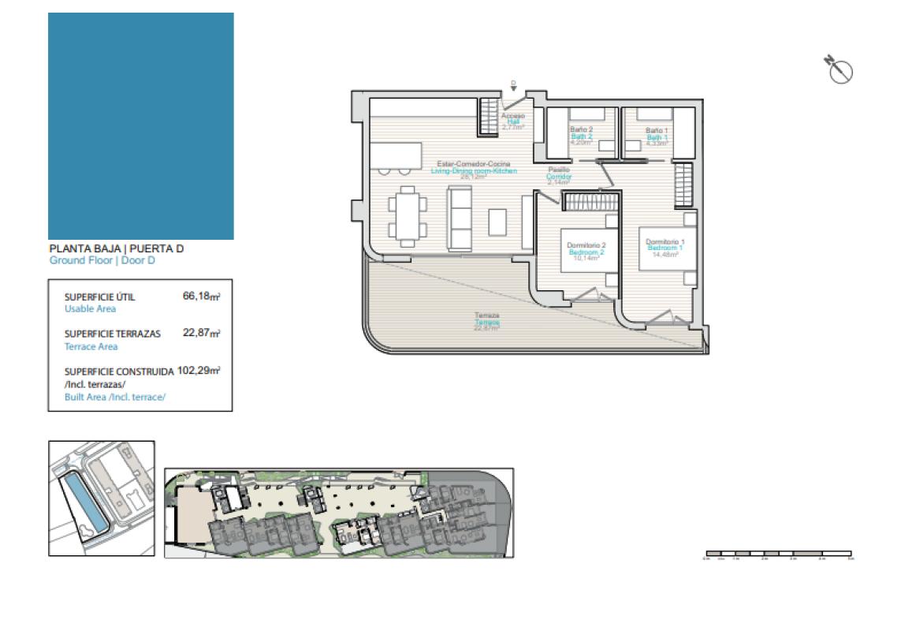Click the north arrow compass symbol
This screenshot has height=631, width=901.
tap(840, 69)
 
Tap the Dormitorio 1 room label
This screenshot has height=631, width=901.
tap(665, 241)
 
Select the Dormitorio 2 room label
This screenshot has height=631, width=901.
tap(586, 245)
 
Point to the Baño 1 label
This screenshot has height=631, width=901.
tap(657, 130)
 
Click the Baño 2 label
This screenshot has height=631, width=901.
tap(581, 129)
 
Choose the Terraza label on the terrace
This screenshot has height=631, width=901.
tap(486, 315)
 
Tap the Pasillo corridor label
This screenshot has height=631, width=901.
tap(559, 170)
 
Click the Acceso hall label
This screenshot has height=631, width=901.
tap(512, 116)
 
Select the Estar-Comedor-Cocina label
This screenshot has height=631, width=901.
tap(468, 164)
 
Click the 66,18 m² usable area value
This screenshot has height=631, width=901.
tap(201, 297)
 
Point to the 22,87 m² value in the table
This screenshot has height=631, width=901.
tap(201, 333)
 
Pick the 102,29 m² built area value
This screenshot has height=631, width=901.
tap(199, 369)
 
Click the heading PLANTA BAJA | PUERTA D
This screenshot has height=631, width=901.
tap(117, 249)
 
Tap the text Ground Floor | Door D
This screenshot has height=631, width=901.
tap(102, 260)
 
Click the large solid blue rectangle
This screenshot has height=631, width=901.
tap(141, 126)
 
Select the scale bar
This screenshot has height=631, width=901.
tap(778, 554)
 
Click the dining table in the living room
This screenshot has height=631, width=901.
tap(407, 214)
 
